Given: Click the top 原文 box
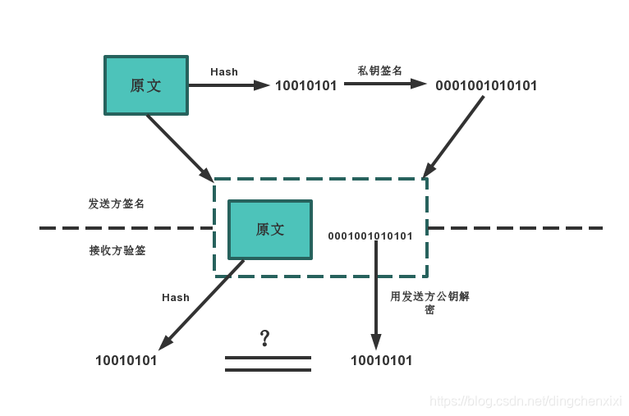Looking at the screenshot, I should [x=145, y=85].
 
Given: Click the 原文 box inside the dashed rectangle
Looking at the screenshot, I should [x=269, y=229].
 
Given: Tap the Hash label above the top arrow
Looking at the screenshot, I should [x=223, y=71].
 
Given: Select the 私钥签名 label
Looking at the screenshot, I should [x=379, y=71].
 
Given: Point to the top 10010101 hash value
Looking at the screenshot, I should [x=305, y=85].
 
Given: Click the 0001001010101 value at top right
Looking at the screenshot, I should [x=486, y=85].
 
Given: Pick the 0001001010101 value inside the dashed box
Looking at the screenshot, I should [x=370, y=236].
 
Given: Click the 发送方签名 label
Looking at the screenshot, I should [x=117, y=203].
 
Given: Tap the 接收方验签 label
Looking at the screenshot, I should [x=117, y=250].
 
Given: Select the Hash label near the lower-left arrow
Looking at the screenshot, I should [x=176, y=298].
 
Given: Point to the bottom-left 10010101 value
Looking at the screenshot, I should [x=126, y=359].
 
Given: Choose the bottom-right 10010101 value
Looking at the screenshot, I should [x=381, y=360].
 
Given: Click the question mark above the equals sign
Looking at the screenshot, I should [x=264, y=338].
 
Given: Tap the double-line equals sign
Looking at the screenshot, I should [x=268, y=363].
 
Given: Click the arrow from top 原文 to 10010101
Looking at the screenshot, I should [x=229, y=85].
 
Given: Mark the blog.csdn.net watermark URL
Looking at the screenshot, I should [x=526, y=401].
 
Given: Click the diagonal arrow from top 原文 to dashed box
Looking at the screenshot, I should [x=179, y=148].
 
